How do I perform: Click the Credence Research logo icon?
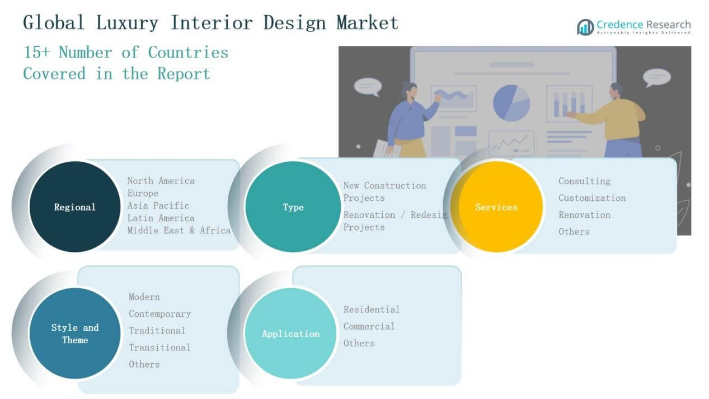coord(585,26)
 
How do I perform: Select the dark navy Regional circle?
coord(74,207)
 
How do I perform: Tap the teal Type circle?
coord(293,207)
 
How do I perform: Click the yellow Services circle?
coord(496,207)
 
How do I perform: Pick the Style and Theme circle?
coord(74,334)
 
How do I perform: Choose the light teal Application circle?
coord(290,334)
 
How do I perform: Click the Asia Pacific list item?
coord(158,205)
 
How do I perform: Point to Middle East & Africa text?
coord(179,230)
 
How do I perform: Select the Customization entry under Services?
coord(592,198)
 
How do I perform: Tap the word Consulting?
coord(584,181)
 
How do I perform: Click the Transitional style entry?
coord(159,347)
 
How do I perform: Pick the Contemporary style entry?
coord(159,313)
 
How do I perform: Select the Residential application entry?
coord(372,309)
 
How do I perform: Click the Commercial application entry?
coord(369,326)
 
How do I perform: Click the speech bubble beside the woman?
coord(368,86)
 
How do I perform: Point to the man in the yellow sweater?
coord(616,118)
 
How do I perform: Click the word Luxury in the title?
coord(127,22)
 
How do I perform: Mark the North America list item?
coord(161,181)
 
